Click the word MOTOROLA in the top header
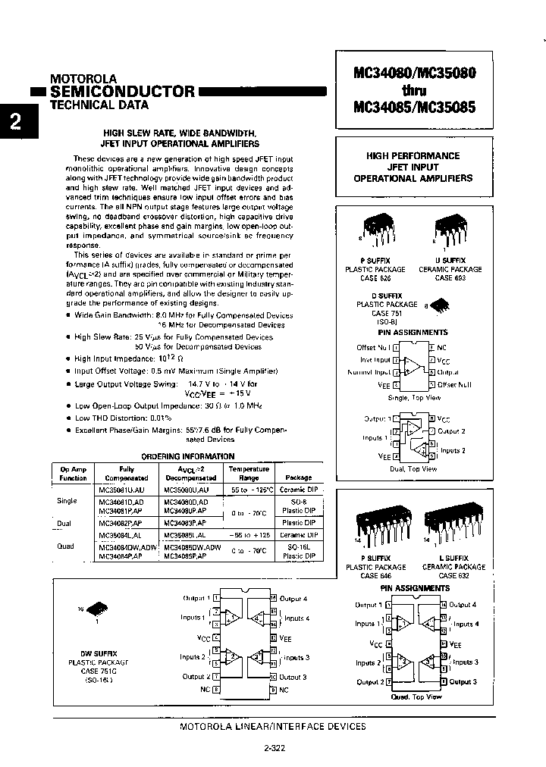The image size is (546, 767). pos(83,78)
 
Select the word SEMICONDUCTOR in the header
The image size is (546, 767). pos(122,92)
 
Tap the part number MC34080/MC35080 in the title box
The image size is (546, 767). pos(414,74)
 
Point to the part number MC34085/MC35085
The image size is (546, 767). pos(414,108)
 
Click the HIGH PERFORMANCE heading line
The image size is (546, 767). pos(413,155)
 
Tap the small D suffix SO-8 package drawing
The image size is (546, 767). pos(438,305)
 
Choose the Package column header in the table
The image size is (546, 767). pos(298,477)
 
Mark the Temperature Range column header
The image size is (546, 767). pos(249,474)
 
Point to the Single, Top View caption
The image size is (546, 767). pos(414,397)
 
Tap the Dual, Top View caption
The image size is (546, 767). pos(414,468)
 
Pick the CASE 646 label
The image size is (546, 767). pos(375,575)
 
